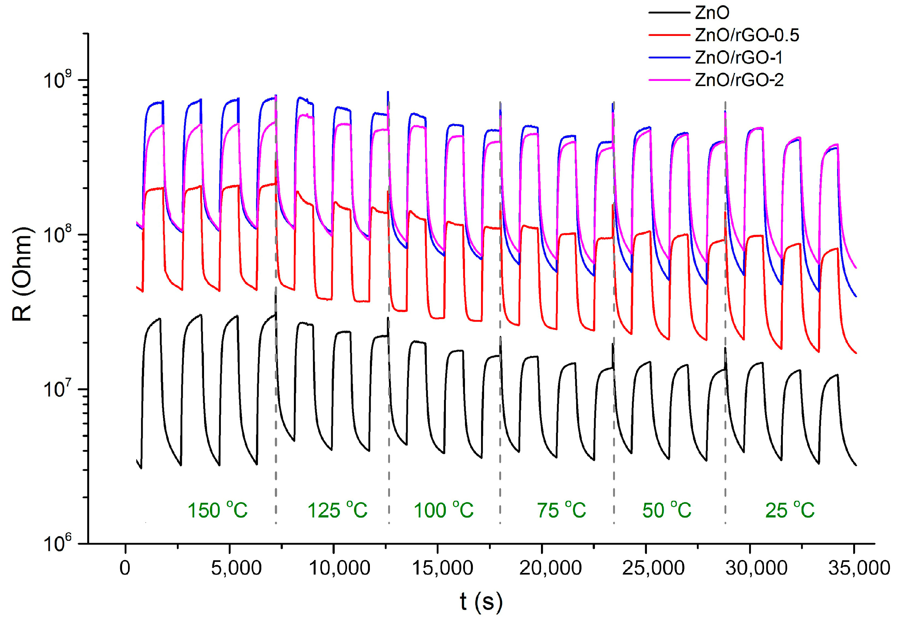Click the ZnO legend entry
(x=712, y=13)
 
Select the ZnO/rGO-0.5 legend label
(x=747, y=36)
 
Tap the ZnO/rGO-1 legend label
(x=738, y=58)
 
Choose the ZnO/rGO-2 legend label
(x=739, y=80)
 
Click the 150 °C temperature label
(x=218, y=510)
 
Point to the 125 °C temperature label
(x=337, y=510)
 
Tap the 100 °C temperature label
(x=443, y=510)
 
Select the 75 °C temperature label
(x=561, y=510)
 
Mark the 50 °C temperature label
(x=666, y=510)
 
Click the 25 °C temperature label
(x=789, y=510)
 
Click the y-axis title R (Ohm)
(x=22, y=275)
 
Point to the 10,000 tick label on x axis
(x=339, y=569)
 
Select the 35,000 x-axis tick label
(x=858, y=569)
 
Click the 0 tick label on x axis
(x=125, y=569)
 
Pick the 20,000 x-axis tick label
(x=550, y=569)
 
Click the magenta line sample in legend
(x=669, y=80)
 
